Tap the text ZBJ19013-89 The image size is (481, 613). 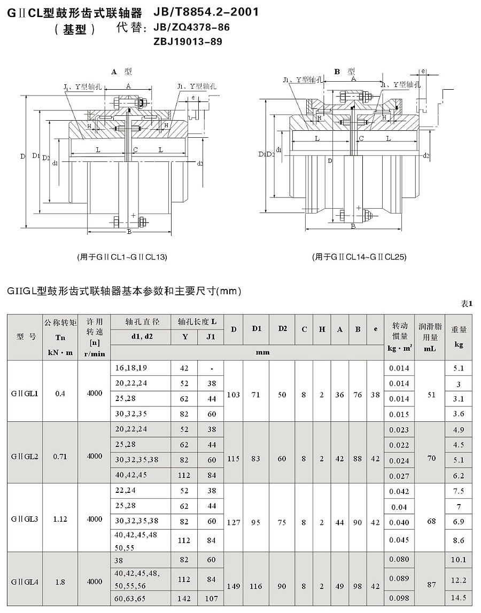point(188,41)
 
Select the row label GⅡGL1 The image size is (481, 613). point(24,394)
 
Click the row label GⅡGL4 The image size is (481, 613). point(24,581)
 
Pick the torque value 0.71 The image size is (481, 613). point(60,457)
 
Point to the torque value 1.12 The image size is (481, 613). point(60,518)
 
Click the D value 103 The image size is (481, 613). point(234,395)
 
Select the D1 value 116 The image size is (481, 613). point(256,586)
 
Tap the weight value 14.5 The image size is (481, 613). point(459,598)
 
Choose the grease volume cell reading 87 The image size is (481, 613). point(430,585)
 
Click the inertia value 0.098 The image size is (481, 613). point(399,598)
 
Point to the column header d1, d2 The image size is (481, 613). point(142,337)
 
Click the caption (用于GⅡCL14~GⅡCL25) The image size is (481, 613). point(359,257)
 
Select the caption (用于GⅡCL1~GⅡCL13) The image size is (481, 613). point(122,257)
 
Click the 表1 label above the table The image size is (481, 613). point(467,303)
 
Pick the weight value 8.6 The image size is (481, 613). point(459,540)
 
